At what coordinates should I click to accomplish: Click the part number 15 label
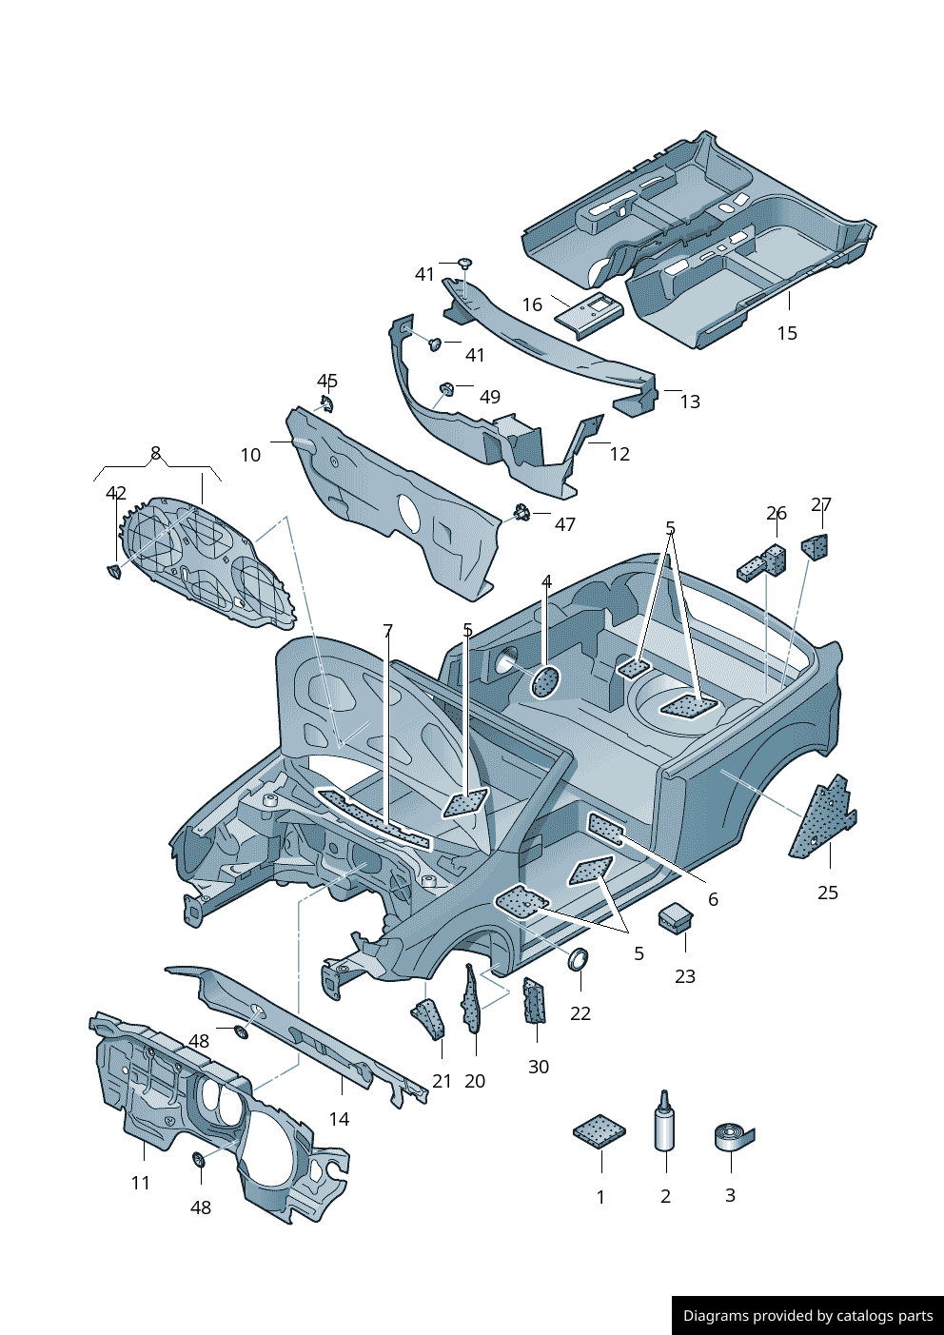pyautogui.click(x=787, y=333)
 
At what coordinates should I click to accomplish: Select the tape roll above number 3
pyautogui.click(x=733, y=1136)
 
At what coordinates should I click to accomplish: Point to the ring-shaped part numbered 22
pyautogui.click(x=579, y=959)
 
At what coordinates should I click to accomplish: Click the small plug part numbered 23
pyautogui.click(x=676, y=918)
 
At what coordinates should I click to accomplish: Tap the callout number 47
pyautogui.click(x=565, y=524)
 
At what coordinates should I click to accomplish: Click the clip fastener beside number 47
pyautogui.click(x=521, y=514)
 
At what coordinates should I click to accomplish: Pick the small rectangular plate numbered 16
pyautogui.click(x=588, y=312)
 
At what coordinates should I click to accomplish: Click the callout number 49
pyautogui.click(x=489, y=397)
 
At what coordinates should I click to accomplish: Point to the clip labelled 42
pyautogui.click(x=114, y=572)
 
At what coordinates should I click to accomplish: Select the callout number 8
pyautogui.click(x=156, y=453)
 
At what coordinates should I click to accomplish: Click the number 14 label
pyautogui.click(x=339, y=1119)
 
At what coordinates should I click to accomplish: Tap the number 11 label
pyautogui.click(x=141, y=1183)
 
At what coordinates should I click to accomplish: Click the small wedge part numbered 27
pyautogui.click(x=816, y=547)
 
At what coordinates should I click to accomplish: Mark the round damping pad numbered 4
pyautogui.click(x=545, y=681)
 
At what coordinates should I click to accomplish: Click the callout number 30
pyautogui.click(x=539, y=1067)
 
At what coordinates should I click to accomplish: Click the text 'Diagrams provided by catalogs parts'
pyautogui.click(x=808, y=1316)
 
